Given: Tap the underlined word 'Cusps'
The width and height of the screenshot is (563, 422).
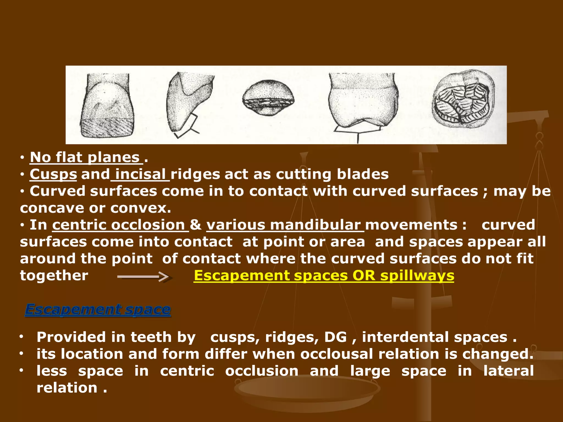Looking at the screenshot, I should [x=53, y=174].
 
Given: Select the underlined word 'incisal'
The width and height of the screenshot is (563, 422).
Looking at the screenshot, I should [x=140, y=174].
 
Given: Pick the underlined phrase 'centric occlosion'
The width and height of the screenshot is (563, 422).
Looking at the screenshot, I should [x=119, y=225].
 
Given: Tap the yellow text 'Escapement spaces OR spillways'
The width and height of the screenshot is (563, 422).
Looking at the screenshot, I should [x=324, y=276].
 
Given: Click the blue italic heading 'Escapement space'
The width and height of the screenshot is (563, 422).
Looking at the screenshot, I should [x=98, y=310].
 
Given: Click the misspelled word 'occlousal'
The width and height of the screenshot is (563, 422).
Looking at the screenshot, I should [x=337, y=354].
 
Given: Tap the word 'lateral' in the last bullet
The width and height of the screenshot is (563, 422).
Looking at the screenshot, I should [x=509, y=371].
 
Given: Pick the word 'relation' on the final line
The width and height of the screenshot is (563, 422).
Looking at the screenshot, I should [x=67, y=388].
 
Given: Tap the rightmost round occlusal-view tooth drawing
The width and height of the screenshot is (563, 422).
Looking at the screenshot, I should [x=463, y=100].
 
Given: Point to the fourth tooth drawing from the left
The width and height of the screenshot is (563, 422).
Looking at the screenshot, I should [x=363, y=102].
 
